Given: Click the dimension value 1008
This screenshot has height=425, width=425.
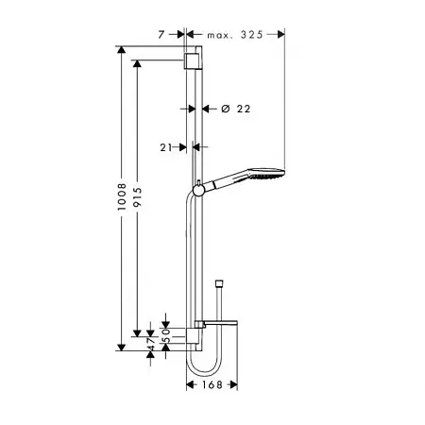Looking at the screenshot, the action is tap(122, 196).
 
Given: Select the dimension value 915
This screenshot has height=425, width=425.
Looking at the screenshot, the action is tap(137, 197).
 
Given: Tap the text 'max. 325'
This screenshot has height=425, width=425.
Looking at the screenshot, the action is tap(235, 35).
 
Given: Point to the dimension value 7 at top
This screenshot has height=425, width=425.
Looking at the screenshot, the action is tap(161, 35).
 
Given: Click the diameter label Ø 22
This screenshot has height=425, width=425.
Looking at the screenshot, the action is tap(236, 109).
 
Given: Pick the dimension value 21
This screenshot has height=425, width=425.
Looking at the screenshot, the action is tap(166, 147).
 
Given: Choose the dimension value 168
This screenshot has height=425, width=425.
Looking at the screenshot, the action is tap(212, 384).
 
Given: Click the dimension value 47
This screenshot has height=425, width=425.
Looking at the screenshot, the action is tap(151, 344).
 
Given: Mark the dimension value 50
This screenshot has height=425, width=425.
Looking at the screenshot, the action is tap(166, 335).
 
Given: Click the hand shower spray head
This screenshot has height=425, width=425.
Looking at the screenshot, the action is tap(266, 174).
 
